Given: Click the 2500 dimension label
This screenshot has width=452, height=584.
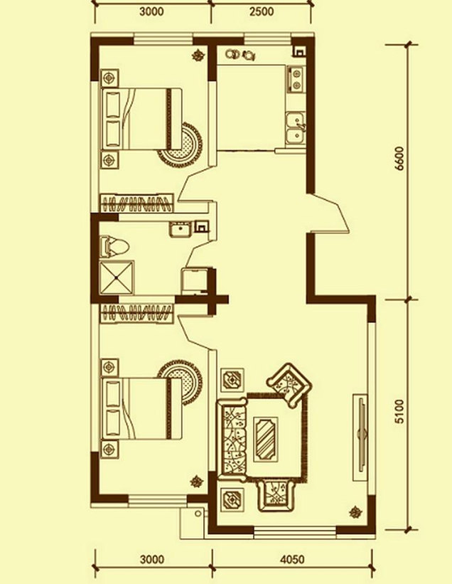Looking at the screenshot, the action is point(262,11).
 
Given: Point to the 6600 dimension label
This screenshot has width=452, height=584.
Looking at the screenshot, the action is point(399,159).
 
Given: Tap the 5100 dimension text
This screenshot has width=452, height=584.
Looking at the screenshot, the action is point(399,412).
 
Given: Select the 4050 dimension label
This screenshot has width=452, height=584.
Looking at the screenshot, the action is point(292,559).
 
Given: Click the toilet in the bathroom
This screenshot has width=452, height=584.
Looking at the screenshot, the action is point(114,247).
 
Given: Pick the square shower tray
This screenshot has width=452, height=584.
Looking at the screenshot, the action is point(117,277).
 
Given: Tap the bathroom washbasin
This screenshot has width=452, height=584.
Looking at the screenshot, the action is point(181,229).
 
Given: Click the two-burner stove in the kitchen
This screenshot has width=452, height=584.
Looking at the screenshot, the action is point(296,79).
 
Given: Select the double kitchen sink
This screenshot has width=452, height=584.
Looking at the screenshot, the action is point(296,129).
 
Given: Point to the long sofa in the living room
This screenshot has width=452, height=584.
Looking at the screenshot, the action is point(232,440).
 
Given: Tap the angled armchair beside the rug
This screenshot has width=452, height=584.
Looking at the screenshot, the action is point(289,385).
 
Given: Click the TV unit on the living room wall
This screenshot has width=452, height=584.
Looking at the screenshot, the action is point(360,437).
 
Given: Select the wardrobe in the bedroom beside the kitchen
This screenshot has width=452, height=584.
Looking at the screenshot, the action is point(137,203).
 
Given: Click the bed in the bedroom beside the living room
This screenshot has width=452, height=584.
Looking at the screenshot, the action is point(141,408).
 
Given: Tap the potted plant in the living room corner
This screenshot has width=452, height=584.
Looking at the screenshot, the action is point(356,513).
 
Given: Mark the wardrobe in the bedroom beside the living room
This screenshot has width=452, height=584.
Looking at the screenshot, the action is point(137,312).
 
